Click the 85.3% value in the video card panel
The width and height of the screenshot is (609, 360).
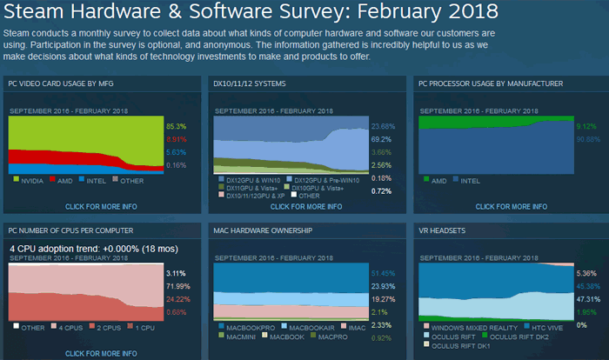pos(176,125)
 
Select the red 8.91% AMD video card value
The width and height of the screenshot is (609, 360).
pos(176,138)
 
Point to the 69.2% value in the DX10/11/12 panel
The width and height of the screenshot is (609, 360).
pos(380,138)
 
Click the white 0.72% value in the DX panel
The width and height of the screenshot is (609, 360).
pos(380,190)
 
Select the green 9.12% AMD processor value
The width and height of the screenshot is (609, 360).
pos(586,125)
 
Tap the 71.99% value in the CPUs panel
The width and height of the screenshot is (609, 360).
pos(177,286)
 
